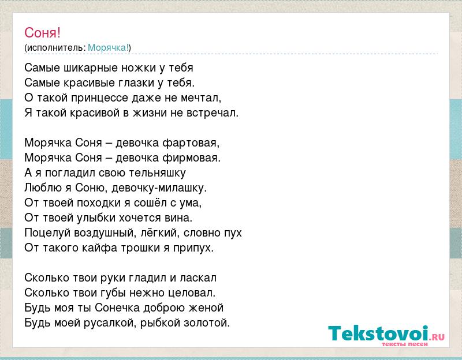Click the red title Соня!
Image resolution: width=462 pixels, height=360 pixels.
point(42,32)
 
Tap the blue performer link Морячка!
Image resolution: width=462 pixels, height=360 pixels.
point(108,48)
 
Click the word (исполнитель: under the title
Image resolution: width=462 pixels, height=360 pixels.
point(55,48)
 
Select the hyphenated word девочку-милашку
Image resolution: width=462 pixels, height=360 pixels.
point(159,188)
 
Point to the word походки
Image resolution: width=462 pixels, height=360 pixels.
point(99,203)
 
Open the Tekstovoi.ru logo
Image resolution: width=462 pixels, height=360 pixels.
point(386,336)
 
